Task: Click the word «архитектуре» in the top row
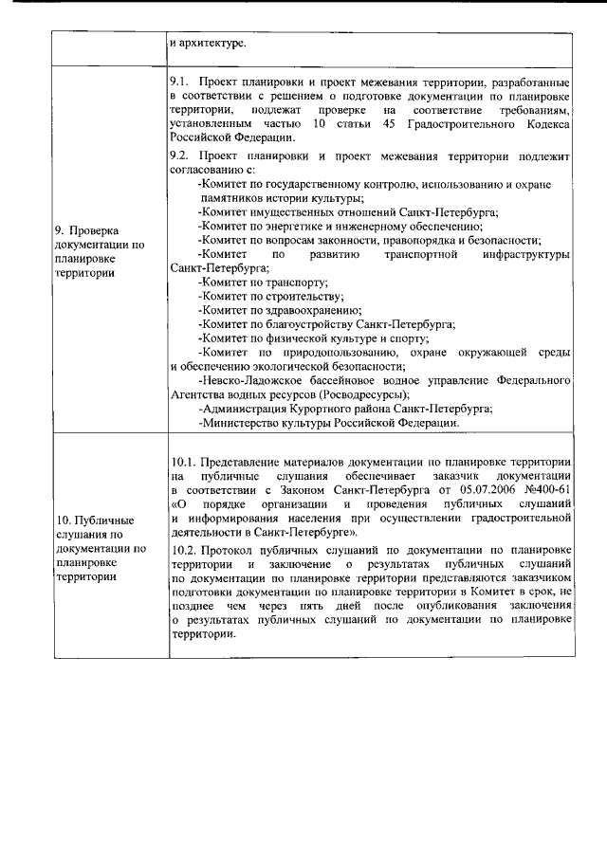click(212, 44)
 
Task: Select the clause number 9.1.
click(178, 82)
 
